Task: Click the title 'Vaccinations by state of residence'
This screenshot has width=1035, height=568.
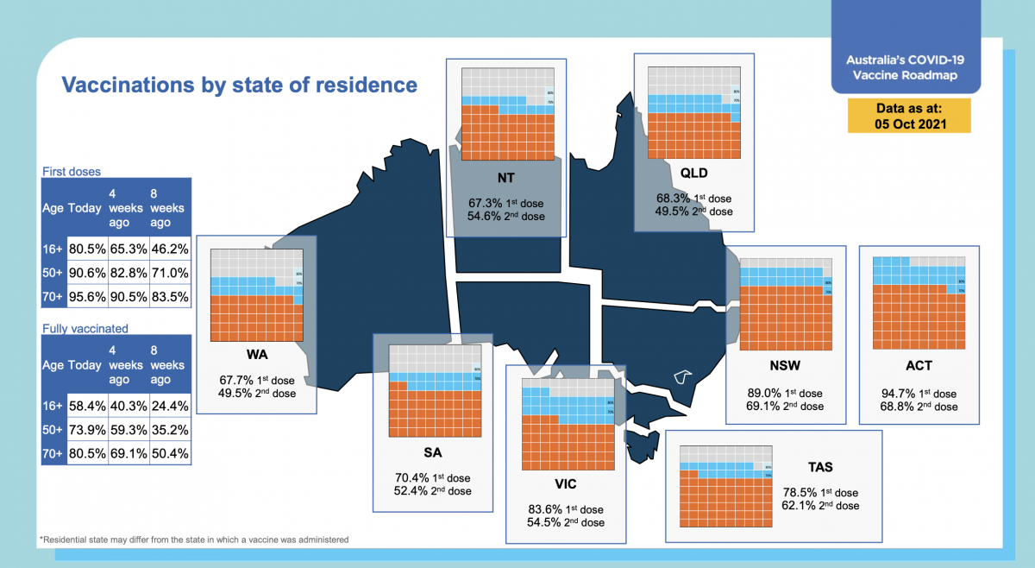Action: tap(238, 85)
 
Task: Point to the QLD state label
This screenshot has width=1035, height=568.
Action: tap(693, 173)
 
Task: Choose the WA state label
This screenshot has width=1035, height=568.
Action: tap(256, 355)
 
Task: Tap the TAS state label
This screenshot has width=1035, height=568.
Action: tap(819, 467)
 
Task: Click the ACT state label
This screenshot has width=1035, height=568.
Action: tap(919, 365)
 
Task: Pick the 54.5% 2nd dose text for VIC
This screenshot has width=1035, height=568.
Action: tap(566, 522)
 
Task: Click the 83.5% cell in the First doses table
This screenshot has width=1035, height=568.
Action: tap(169, 298)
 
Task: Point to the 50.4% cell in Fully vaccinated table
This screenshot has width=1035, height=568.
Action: tap(169, 453)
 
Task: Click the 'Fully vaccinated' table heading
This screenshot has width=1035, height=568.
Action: tap(85, 329)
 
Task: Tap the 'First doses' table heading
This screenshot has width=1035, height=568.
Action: tap(72, 172)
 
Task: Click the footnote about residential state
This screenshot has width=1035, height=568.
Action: tap(194, 540)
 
